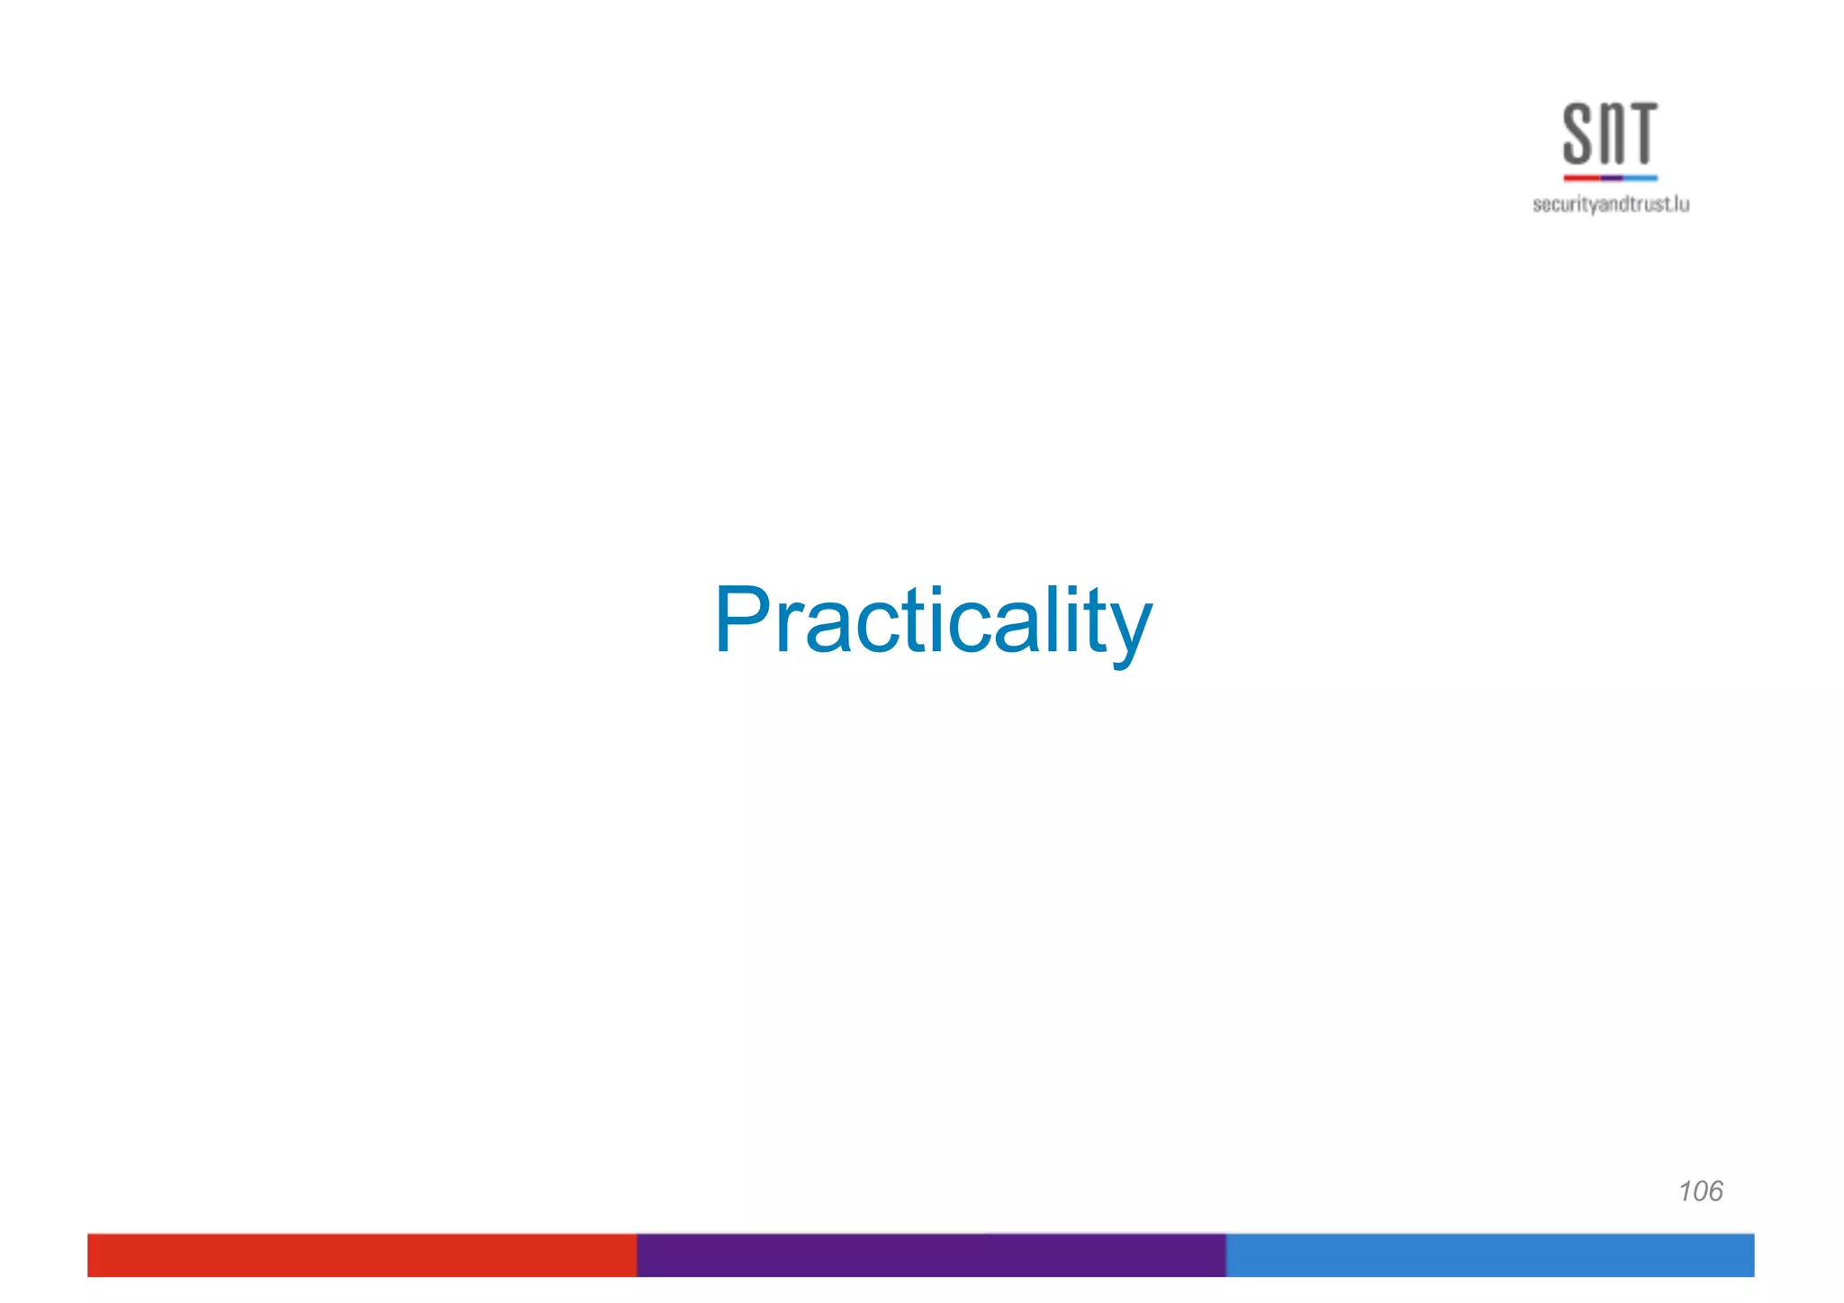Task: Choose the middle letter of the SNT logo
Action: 1610,135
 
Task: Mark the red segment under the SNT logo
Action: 1581,178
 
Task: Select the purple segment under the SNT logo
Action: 1612,178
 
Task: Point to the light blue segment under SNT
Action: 1641,178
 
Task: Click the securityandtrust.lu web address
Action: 1611,204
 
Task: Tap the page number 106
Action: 1700,1191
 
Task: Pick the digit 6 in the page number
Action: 1713,1191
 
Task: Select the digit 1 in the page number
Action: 1685,1191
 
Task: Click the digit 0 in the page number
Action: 1698,1191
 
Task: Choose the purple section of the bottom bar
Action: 931,1255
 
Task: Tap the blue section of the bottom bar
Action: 1490,1255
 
